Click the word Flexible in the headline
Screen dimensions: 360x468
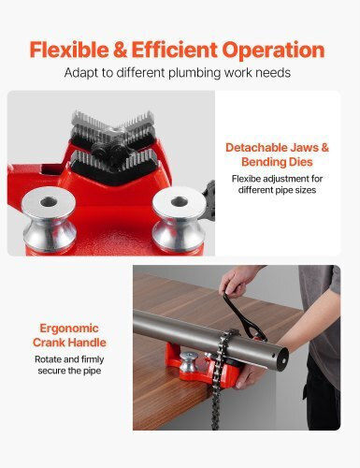(69, 50)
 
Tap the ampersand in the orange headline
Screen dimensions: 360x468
(121, 51)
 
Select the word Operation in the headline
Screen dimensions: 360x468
(273, 51)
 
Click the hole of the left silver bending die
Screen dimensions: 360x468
(49, 202)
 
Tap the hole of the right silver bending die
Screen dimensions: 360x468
(179, 201)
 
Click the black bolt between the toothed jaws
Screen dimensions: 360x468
(108, 149)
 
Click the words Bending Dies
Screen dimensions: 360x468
(277, 162)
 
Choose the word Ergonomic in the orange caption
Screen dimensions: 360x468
(69, 329)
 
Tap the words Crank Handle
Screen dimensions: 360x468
(69, 343)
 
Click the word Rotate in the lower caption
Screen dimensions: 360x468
(48, 359)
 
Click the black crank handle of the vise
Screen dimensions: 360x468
(245, 316)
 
